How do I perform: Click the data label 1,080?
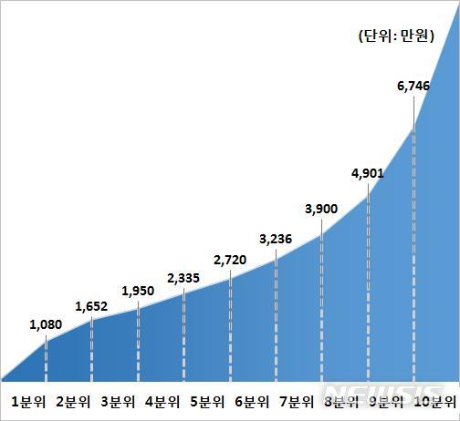(x=46, y=323)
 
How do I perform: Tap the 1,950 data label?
(x=138, y=291)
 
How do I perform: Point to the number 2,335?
(x=184, y=277)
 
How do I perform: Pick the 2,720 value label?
(x=230, y=261)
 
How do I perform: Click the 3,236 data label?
(x=276, y=240)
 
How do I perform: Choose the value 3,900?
(x=321, y=209)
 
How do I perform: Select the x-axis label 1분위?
(x=28, y=401)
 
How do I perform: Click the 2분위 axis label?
(x=73, y=401)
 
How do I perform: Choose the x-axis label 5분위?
(x=207, y=401)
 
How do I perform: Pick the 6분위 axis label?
(x=252, y=401)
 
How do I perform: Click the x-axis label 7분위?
(x=297, y=401)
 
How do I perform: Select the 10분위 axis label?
(x=434, y=401)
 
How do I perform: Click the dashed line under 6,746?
(x=413, y=255)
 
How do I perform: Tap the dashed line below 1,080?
(x=46, y=361)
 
